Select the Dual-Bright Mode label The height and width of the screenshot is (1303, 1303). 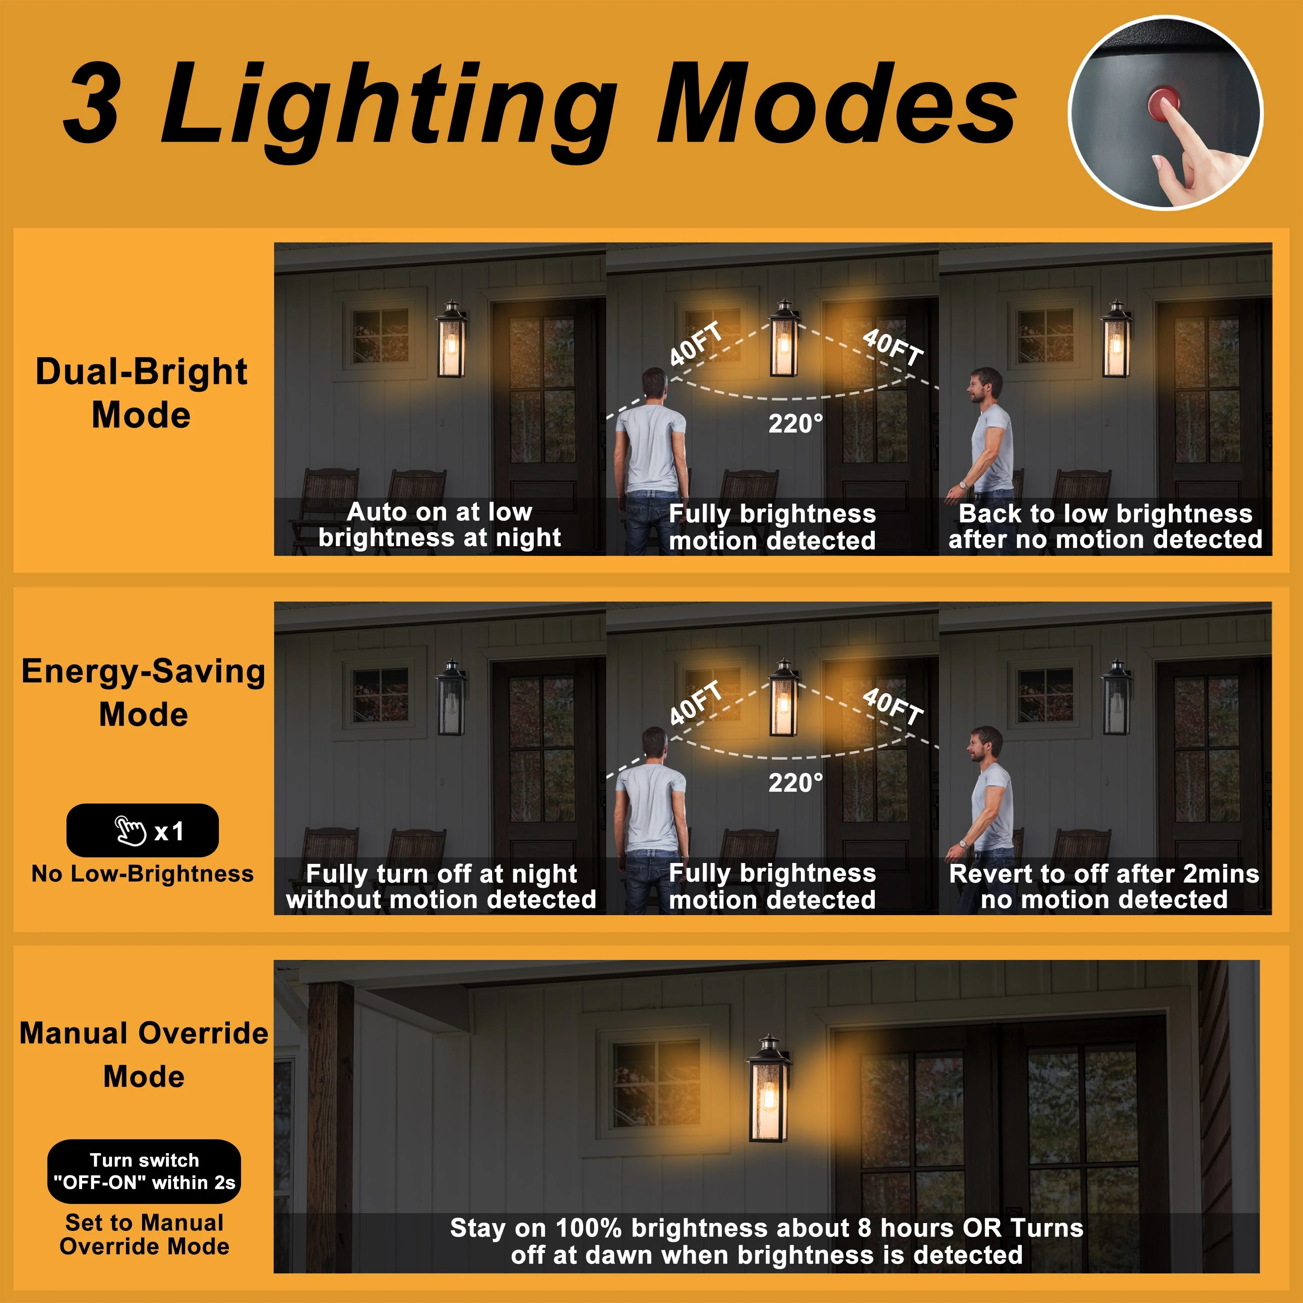[142, 393]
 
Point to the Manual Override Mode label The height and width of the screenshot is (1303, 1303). [144, 1054]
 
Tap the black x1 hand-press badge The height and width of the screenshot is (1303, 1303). [142, 830]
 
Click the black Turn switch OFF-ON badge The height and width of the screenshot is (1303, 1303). [144, 1171]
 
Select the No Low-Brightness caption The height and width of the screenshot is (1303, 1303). [142, 873]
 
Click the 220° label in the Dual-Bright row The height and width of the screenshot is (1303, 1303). [796, 423]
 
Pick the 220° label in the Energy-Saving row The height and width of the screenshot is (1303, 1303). [796, 782]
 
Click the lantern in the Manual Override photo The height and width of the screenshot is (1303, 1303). [768, 1087]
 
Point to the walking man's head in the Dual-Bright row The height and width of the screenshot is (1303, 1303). [985, 385]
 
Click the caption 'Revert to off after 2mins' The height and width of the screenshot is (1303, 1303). [1104, 873]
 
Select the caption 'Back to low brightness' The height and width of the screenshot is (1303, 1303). [1105, 514]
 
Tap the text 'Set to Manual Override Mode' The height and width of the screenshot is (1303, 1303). [144, 1234]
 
